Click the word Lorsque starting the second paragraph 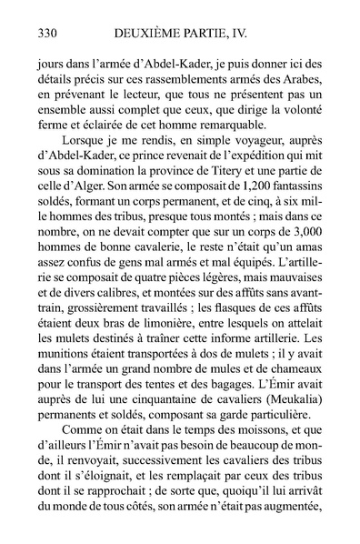tap(81, 145)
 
